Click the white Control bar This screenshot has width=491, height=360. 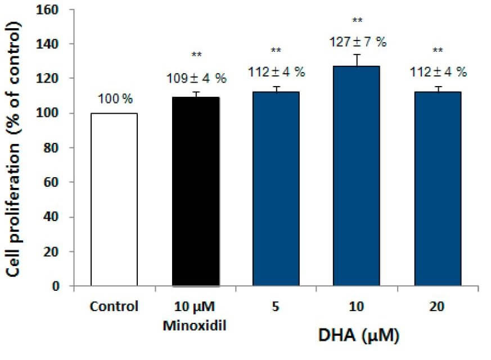tap(114, 200)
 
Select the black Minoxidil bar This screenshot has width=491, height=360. tap(196, 192)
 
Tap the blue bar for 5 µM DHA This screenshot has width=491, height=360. tap(276, 189)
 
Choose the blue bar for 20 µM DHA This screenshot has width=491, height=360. tap(438, 189)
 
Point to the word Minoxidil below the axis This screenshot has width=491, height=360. tap(195, 325)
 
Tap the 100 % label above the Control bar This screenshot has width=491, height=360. tap(114, 100)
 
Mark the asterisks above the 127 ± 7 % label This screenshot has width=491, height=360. tap(357, 21)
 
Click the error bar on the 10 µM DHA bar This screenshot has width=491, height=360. tap(357, 59)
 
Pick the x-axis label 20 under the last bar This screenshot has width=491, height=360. tap(436, 308)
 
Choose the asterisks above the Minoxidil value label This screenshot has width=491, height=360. tap(196, 55)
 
